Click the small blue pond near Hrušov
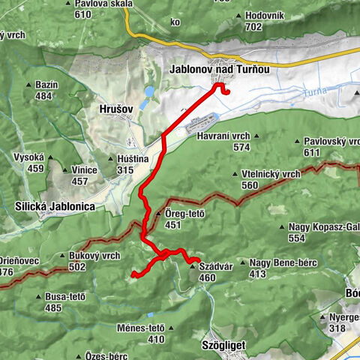point(149,92)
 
